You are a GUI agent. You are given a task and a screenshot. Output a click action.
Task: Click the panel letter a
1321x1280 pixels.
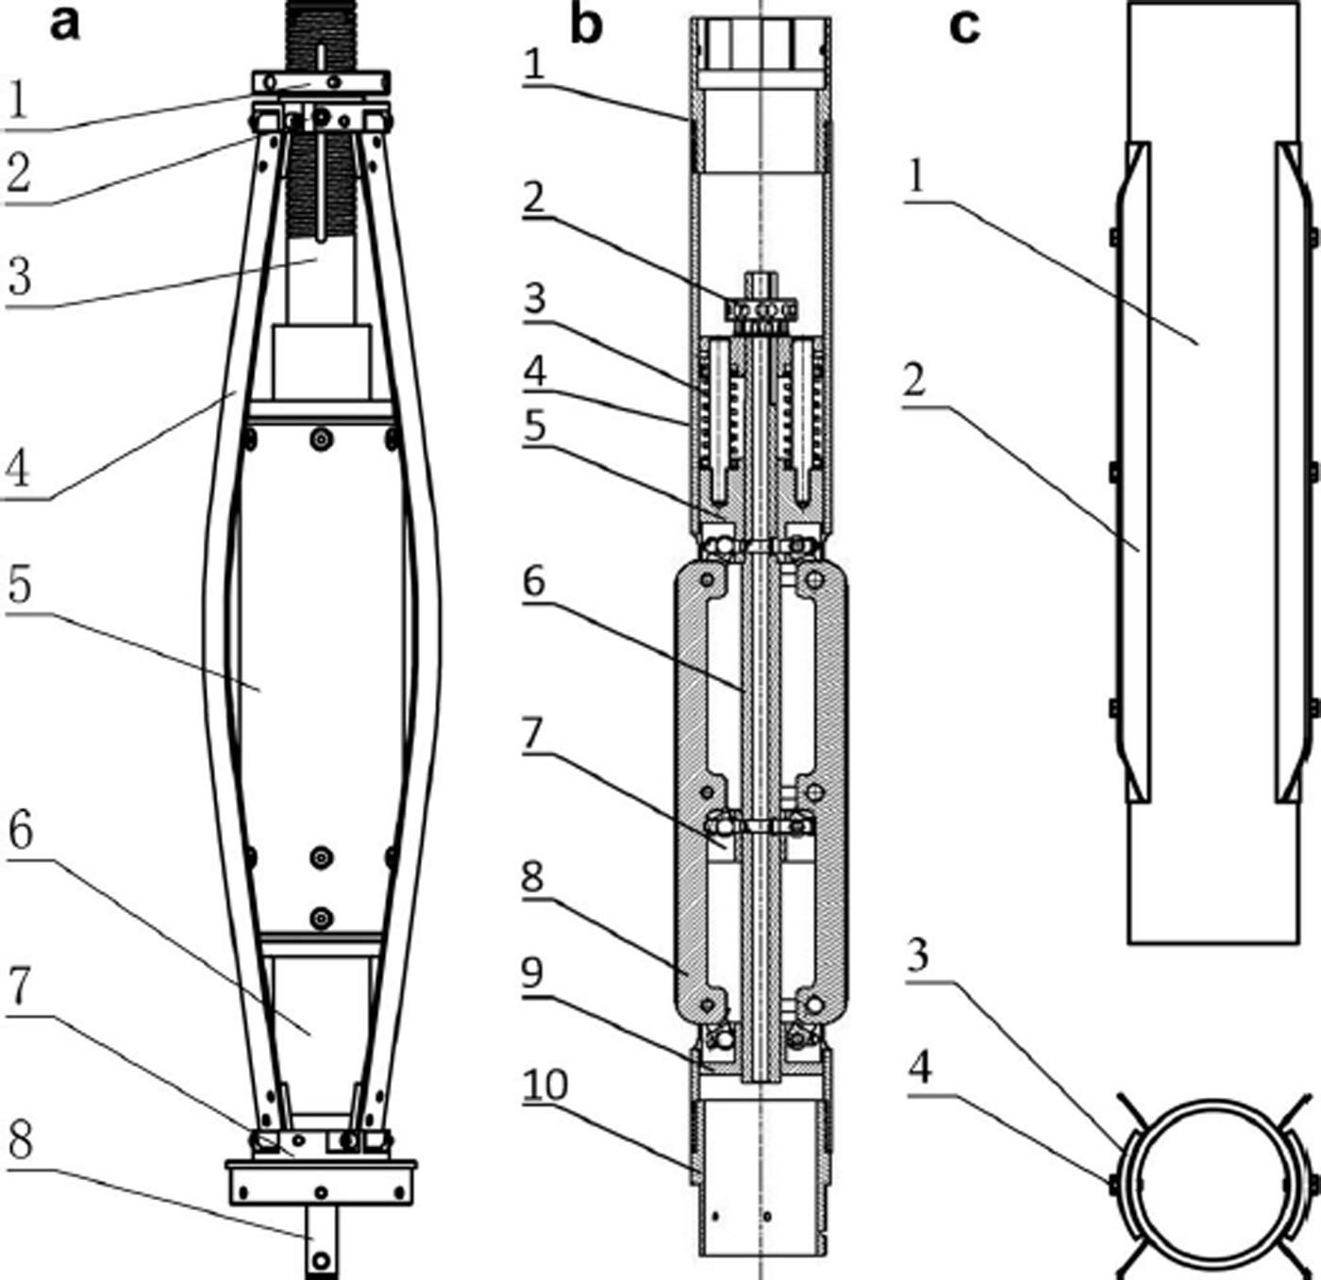(64, 25)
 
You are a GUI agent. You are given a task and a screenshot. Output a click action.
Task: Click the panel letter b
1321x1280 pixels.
(586, 25)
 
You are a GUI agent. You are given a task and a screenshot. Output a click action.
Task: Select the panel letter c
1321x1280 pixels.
(964, 25)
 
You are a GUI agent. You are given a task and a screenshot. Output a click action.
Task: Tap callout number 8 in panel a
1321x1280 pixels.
(21, 1139)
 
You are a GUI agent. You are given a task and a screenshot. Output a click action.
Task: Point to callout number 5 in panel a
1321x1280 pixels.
(21, 585)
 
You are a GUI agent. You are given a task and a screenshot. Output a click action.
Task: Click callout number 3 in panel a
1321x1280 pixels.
(21, 276)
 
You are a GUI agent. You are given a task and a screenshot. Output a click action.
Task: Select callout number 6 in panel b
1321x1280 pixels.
(534, 582)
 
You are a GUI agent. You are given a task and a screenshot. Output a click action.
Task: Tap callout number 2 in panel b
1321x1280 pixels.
(534, 198)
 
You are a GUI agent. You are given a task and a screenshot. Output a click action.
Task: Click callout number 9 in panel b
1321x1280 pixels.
(534, 972)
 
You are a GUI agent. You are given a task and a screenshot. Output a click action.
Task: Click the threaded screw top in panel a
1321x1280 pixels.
(321, 33)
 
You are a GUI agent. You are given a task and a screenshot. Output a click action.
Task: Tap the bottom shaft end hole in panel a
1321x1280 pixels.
(321, 1260)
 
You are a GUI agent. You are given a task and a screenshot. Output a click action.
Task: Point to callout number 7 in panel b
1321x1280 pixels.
(534, 733)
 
